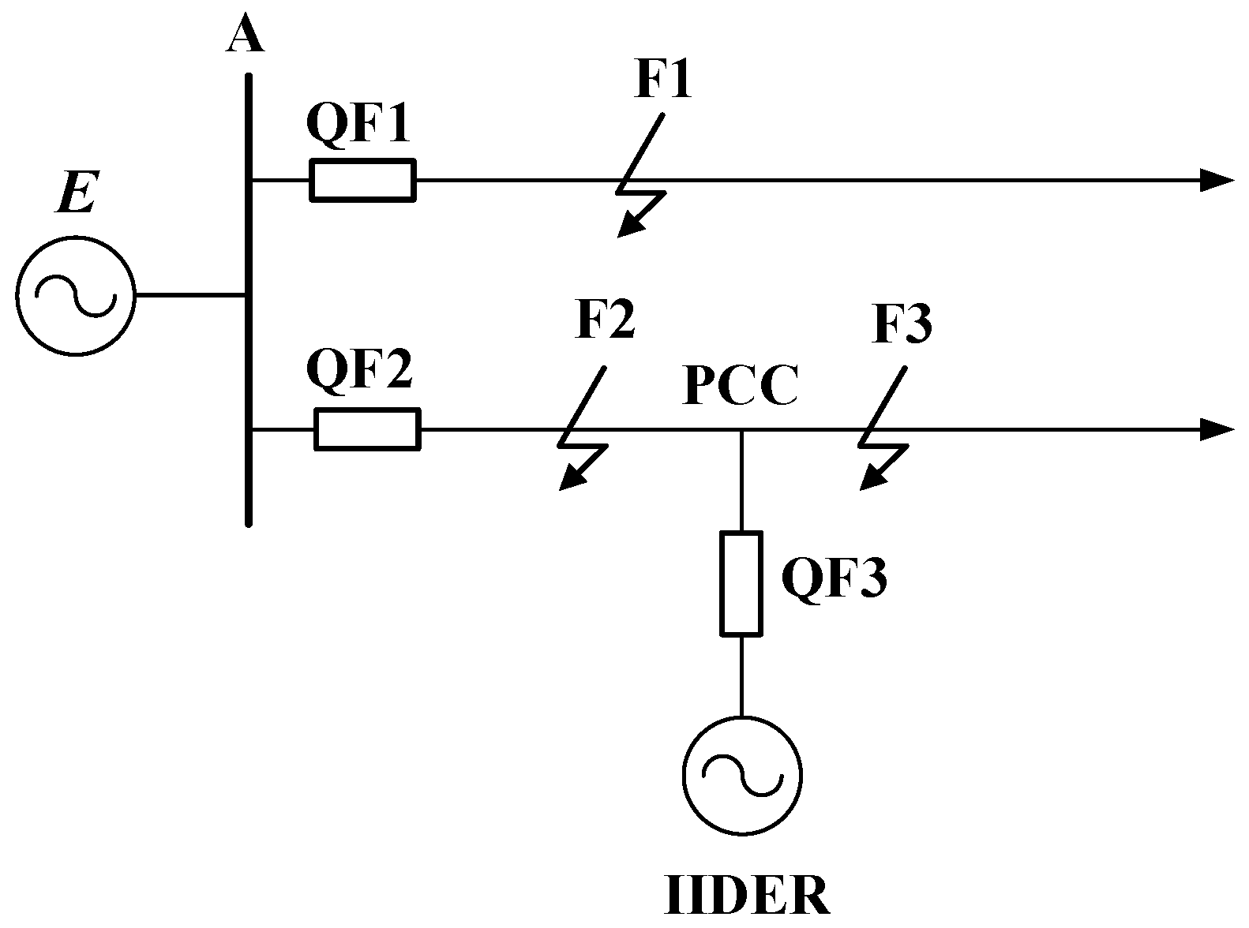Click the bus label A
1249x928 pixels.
pyautogui.click(x=245, y=36)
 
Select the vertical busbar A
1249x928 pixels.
pyautogui.click(x=249, y=300)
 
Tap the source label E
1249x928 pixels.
pyautogui.click(x=76, y=193)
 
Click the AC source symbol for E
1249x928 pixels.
pyautogui.click(x=76, y=296)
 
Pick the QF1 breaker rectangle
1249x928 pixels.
pyautogui.click(x=362, y=181)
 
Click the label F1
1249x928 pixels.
pyautogui.click(x=663, y=80)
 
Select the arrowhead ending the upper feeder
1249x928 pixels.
pyautogui.click(x=1216, y=181)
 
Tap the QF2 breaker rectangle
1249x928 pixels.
pyautogui.click(x=367, y=430)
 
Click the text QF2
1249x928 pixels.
pyautogui.click(x=359, y=371)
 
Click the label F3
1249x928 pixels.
pyautogui.click(x=902, y=324)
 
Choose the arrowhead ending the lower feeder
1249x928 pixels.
pyautogui.click(x=1216, y=430)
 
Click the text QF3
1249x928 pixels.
pyautogui.click(x=835, y=578)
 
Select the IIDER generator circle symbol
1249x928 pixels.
pyautogui.click(x=741, y=776)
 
